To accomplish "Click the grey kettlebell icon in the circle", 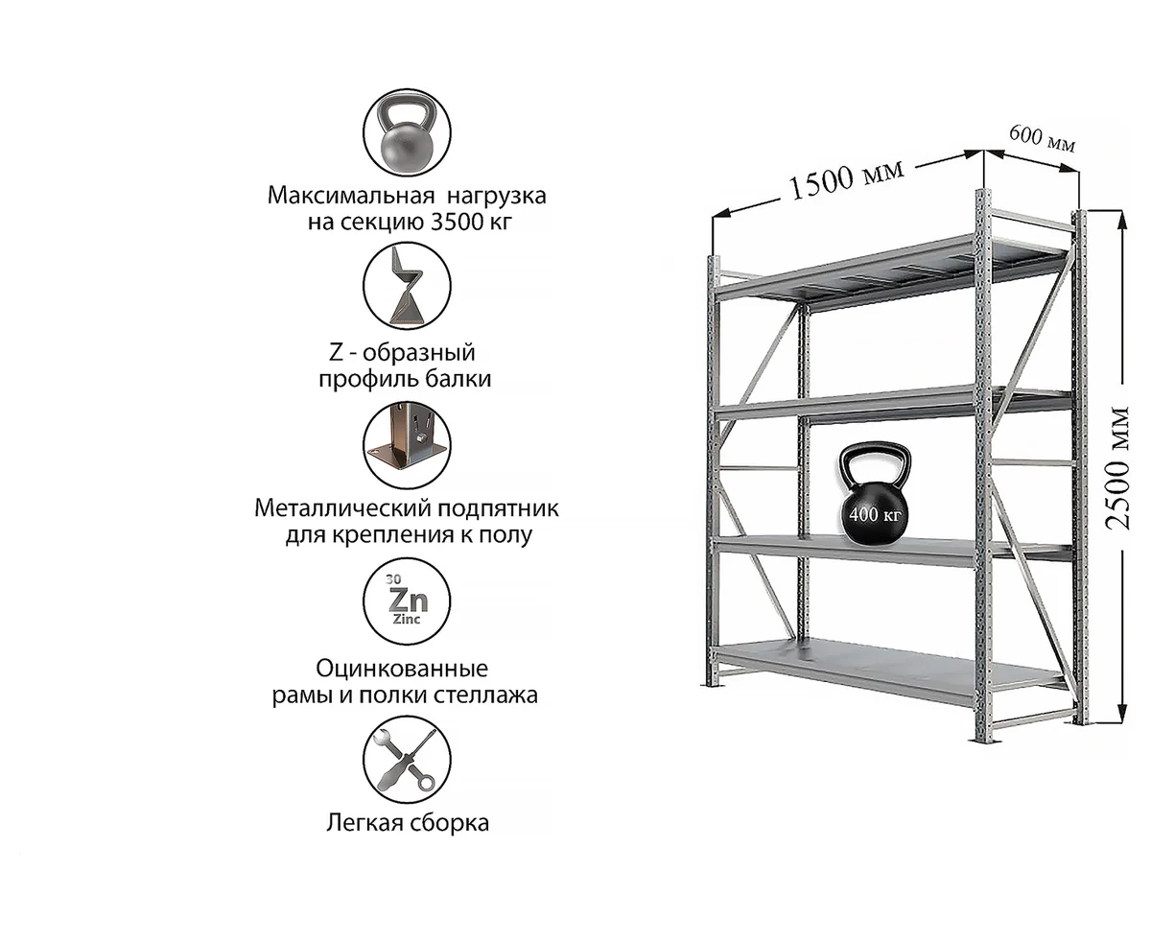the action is [x=407, y=132].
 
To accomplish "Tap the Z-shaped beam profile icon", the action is [x=407, y=286].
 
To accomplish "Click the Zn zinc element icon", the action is [x=407, y=601].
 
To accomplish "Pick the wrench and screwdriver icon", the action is [x=407, y=760].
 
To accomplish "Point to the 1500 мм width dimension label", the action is [x=847, y=180].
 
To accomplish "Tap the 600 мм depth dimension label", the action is [x=1042, y=139].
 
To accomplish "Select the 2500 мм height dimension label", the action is [x=1116, y=468].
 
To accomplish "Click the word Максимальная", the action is [x=350, y=196].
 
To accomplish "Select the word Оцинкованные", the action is [x=402, y=668].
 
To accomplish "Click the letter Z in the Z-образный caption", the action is [x=337, y=353].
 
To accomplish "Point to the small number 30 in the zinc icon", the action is [x=393, y=578].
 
